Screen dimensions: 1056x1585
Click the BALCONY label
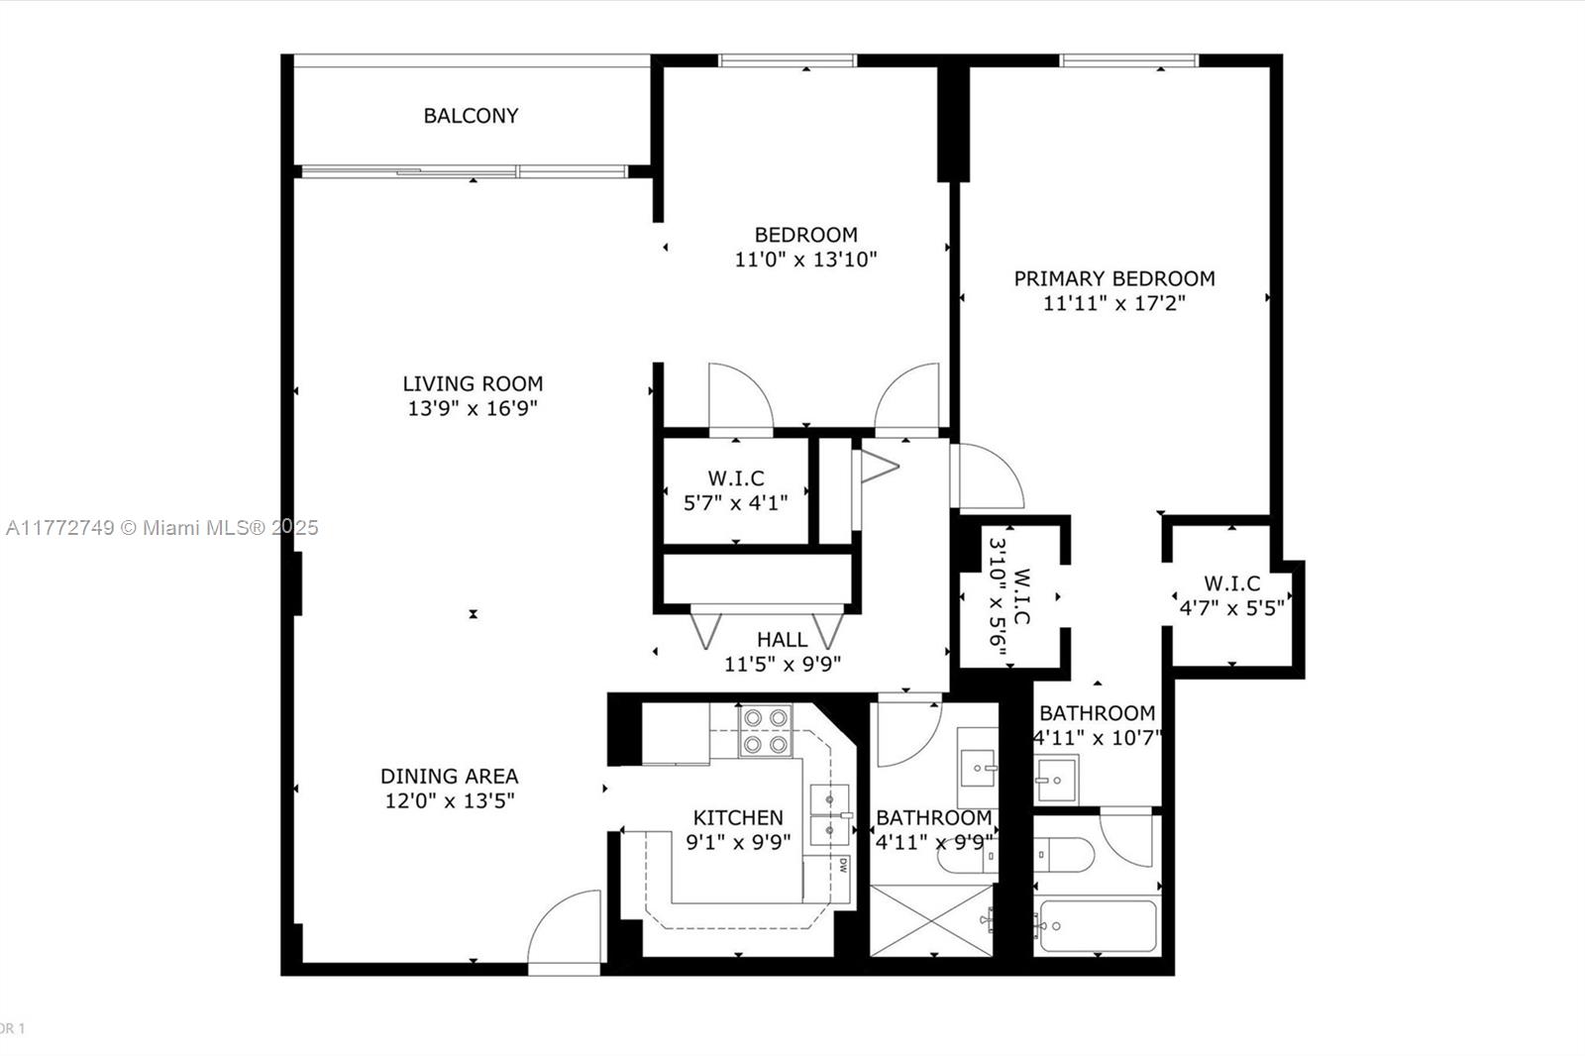point(471,116)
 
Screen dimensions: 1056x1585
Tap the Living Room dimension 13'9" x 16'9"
point(473,408)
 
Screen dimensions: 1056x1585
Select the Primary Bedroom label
point(1113,278)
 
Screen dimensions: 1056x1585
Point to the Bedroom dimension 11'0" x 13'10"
point(805,260)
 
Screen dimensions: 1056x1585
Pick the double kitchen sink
point(829,813)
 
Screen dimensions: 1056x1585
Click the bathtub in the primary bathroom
point(1097,926)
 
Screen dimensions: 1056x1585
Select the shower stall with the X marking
point(930,921)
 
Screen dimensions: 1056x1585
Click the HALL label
point(782,640)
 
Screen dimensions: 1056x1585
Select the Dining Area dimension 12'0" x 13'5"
point(450,800)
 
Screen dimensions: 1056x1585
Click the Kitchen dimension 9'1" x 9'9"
point(738,842)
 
